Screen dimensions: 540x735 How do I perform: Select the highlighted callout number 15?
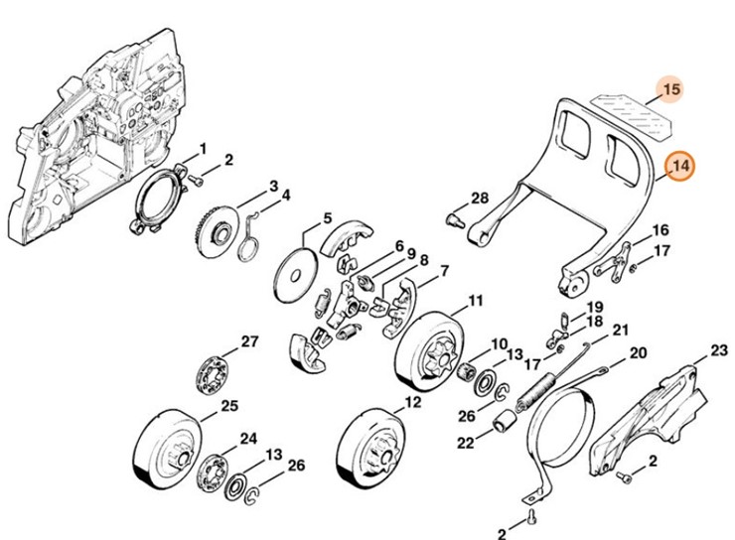click(x=672, y=90)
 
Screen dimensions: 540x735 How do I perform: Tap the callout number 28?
click(x=480, y=197)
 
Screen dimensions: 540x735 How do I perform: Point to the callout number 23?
click(x=719, y=351)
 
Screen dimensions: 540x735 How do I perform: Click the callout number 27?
click(x=249, y=341)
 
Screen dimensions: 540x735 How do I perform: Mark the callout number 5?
click(x=327, y=219)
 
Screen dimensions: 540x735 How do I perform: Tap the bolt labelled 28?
click(x=458, y=215)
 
